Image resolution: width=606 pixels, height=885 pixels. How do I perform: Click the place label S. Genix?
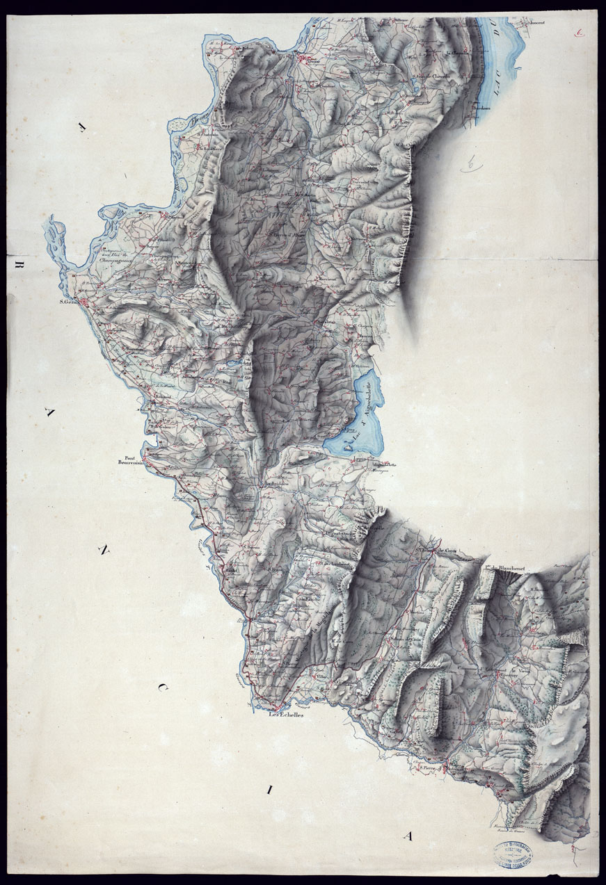[x=68, y=302]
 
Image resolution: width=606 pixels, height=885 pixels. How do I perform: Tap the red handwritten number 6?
[x=580, y=32]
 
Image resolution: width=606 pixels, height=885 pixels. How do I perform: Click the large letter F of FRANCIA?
[x=83, y=127]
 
